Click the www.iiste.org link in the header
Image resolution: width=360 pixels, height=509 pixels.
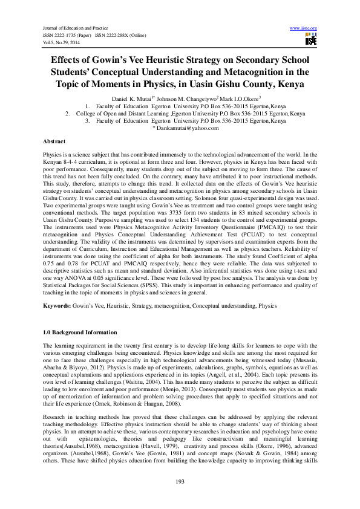coord(304,28)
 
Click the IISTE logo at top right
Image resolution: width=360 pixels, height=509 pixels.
coord(311,40)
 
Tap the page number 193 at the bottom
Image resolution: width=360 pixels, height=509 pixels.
coord(179,481)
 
